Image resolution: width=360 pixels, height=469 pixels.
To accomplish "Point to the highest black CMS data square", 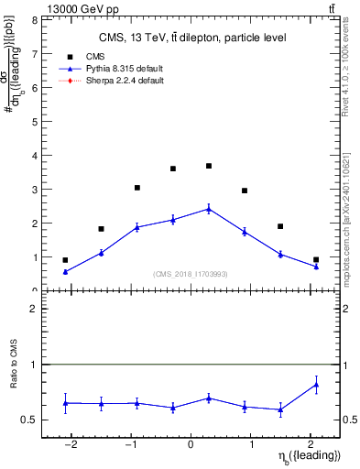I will pos(209,166).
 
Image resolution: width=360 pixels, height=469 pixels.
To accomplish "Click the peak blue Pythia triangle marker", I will pos(209,209).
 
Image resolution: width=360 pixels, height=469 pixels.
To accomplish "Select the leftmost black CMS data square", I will pos(65,260).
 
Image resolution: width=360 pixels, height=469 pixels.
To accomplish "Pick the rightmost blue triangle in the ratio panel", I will pos(316,385).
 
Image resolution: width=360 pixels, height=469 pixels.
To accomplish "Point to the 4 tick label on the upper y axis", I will pos(34,155).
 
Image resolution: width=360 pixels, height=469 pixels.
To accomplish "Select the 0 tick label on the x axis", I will pos(191,443).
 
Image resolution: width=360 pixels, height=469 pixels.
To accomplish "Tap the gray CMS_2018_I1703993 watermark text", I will pos(191,275).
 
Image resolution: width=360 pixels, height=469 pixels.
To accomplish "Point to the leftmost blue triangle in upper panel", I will pos(65,271).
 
